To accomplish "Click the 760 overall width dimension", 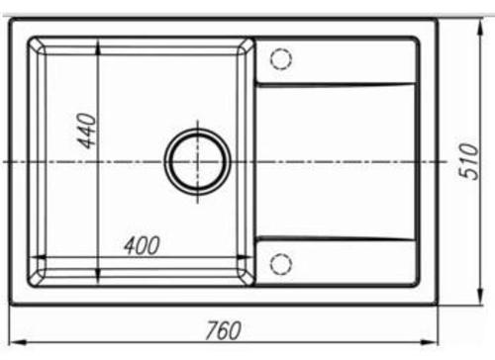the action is [223, 330].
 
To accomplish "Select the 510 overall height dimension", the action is [468, 161].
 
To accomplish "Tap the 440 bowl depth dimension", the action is [86, 131].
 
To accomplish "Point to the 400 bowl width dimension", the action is [142, 245].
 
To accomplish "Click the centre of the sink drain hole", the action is [198, 161].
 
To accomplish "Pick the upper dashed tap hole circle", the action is [281, 58].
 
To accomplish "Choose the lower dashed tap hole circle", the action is [281, 264].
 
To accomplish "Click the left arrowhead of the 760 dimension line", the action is [18, 343].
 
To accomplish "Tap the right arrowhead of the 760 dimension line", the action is [430, 343].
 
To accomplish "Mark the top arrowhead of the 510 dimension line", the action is [481, 27].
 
